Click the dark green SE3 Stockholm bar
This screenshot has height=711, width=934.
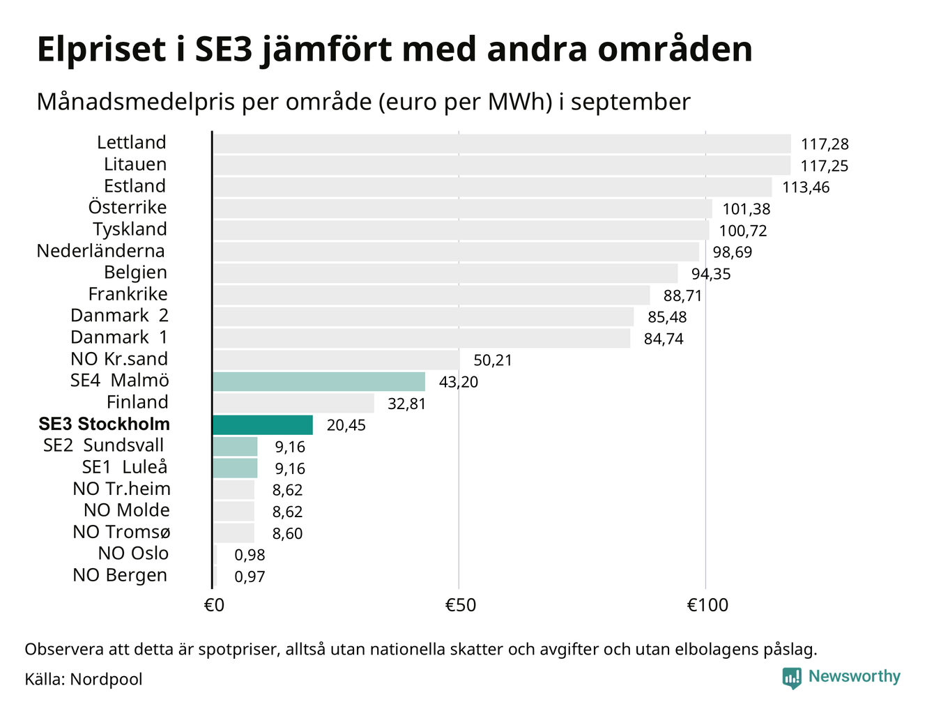(263, 425)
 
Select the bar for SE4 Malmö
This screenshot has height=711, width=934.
(319, 381)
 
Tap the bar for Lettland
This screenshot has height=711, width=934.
(502, 144)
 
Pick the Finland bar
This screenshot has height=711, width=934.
(293, 403)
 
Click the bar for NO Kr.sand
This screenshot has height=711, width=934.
(336, 360)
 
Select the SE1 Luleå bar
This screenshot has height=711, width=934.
(235, 468)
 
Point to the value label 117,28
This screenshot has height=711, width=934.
(825, 145)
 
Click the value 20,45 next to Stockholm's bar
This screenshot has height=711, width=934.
(346, 425)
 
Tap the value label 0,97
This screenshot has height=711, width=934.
(250, 577)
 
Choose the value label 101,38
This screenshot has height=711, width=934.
(747, 209)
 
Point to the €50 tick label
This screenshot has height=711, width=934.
(460, 605)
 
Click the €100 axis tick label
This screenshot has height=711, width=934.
(707, 605)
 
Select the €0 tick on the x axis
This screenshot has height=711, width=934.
(214, 605)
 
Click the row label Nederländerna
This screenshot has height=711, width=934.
(101, 251)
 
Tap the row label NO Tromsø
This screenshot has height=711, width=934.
(121, 533)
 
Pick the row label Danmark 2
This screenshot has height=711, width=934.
(119, 316)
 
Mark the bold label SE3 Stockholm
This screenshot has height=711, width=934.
(105, 425)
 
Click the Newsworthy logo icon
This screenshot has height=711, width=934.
(791, 678)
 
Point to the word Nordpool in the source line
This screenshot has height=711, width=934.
(106, 679)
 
